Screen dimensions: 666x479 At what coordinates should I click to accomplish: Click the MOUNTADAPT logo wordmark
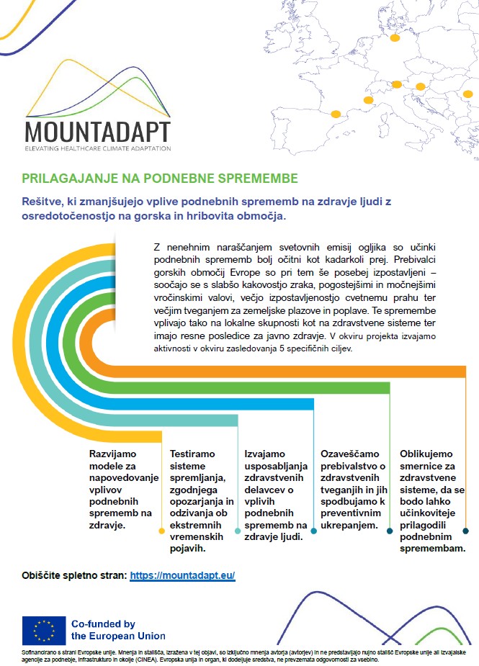point(97,132)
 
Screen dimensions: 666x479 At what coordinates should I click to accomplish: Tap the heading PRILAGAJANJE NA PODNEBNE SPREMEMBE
point(159,178)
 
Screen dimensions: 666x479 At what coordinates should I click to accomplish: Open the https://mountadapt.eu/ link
point(183,576)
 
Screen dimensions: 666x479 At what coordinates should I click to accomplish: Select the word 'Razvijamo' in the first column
point(112,454)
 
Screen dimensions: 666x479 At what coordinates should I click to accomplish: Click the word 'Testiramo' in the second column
point(192,454)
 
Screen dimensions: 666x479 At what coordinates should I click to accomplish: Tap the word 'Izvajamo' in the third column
point(265,454)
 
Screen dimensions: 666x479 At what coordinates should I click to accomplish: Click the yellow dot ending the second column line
point(161,531)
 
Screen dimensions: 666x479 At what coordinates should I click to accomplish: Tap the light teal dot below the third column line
point(238,531)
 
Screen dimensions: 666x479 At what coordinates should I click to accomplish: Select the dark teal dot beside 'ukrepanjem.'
point(314,531)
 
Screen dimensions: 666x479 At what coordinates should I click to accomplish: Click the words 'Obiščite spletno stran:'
point(76,576)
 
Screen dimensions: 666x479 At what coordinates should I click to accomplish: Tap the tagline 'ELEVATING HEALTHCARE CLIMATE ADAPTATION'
point(97,148)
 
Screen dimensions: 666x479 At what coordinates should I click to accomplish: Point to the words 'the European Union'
point(117,636)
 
